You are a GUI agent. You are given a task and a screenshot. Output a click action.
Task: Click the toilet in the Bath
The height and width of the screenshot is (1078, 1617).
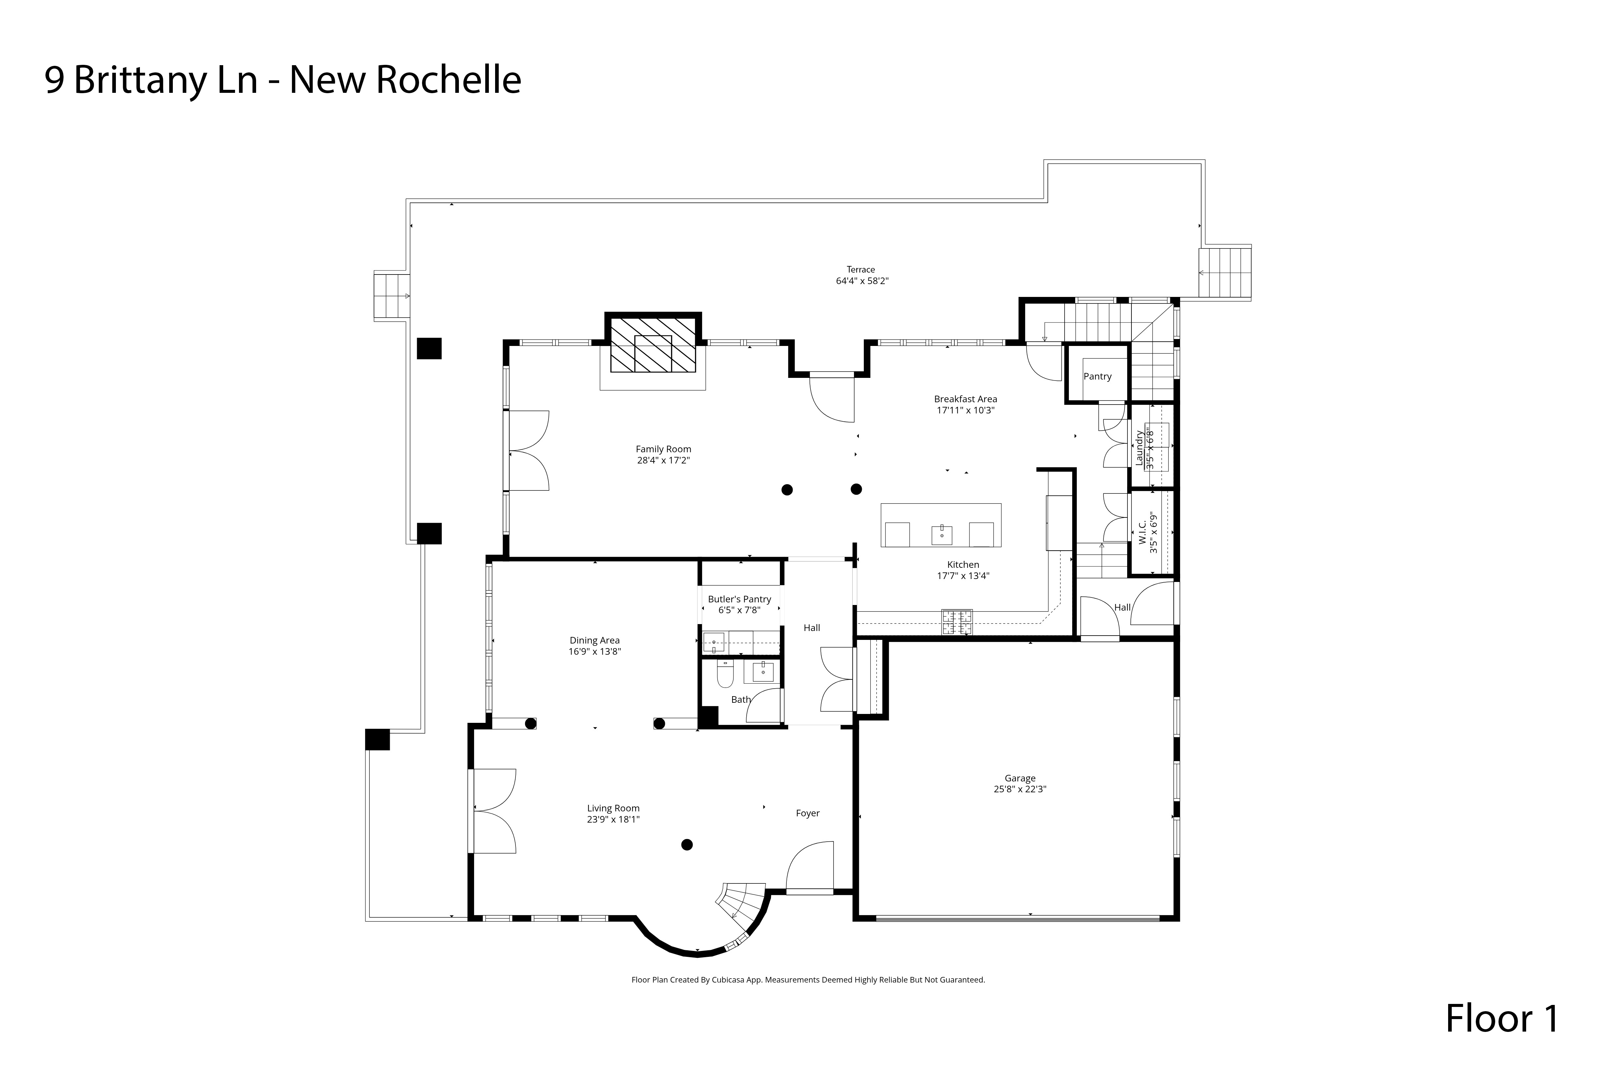[725, 675]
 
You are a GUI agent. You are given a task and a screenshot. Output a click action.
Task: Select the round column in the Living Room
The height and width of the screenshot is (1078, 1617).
[686, 845]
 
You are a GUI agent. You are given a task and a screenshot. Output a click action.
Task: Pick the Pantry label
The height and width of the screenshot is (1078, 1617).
[1097, 376]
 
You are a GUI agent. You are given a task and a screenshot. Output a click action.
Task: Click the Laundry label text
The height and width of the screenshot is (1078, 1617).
[1139, 448]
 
